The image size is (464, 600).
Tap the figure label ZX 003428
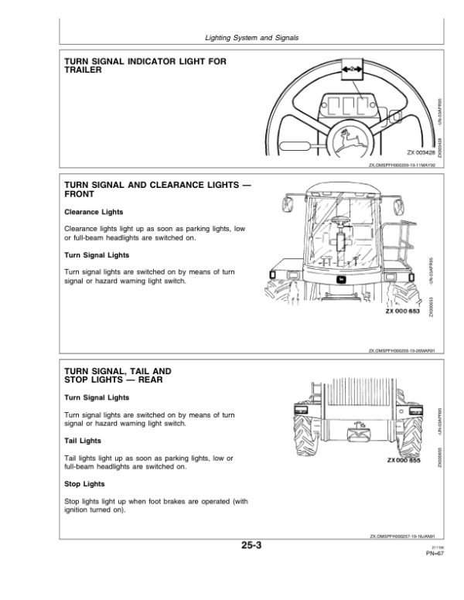418,153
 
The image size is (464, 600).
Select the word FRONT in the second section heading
80,194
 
